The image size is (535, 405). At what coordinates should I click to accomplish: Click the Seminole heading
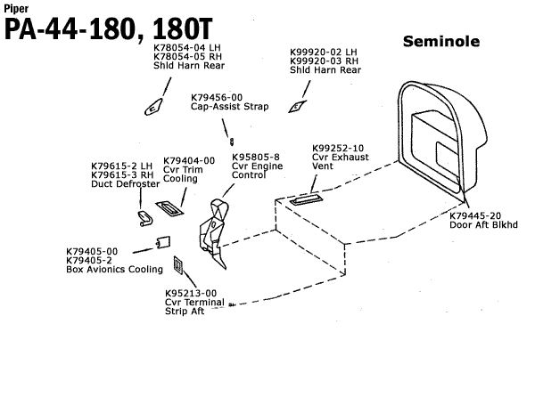441,41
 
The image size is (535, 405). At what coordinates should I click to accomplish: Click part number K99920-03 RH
325,61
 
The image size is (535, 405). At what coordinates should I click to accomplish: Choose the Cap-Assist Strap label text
229,107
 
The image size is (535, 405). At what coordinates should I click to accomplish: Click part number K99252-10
337,148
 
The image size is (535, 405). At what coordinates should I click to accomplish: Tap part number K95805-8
255,158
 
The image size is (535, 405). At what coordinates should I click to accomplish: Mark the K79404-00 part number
188,161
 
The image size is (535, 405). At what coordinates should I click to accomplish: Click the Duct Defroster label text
125,183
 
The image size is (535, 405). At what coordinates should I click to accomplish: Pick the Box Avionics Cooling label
114,269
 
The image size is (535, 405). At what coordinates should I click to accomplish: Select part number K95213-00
190,293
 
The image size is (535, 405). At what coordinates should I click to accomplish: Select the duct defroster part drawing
145,215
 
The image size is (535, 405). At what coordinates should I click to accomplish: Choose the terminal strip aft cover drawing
177,265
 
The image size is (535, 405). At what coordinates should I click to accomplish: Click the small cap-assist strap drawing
231,140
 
